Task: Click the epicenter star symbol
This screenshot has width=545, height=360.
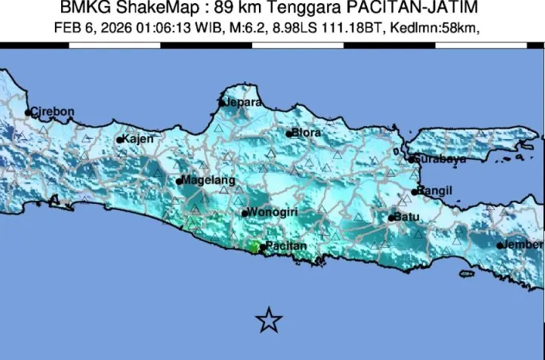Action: [x=268, y=319]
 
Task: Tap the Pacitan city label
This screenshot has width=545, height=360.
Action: [x=287, y=246]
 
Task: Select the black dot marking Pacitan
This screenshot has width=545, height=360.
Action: [x=263, y=248]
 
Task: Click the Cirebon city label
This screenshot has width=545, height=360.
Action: [x=53, y=111]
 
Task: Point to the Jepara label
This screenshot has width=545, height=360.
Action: [x=244, y=101]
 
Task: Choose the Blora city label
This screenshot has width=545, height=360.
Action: [x=307, y=133]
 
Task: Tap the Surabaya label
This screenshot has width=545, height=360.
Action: [x=440, y=159]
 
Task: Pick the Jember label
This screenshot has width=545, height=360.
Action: [x=525, y=245]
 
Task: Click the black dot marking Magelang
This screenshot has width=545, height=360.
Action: [x=179, y=182]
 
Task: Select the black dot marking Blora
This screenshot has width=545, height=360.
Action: [x=289, y=134]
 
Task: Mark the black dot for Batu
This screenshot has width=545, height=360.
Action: [x=391, y=218]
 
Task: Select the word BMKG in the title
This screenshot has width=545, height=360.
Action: [x=81, y=8]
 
